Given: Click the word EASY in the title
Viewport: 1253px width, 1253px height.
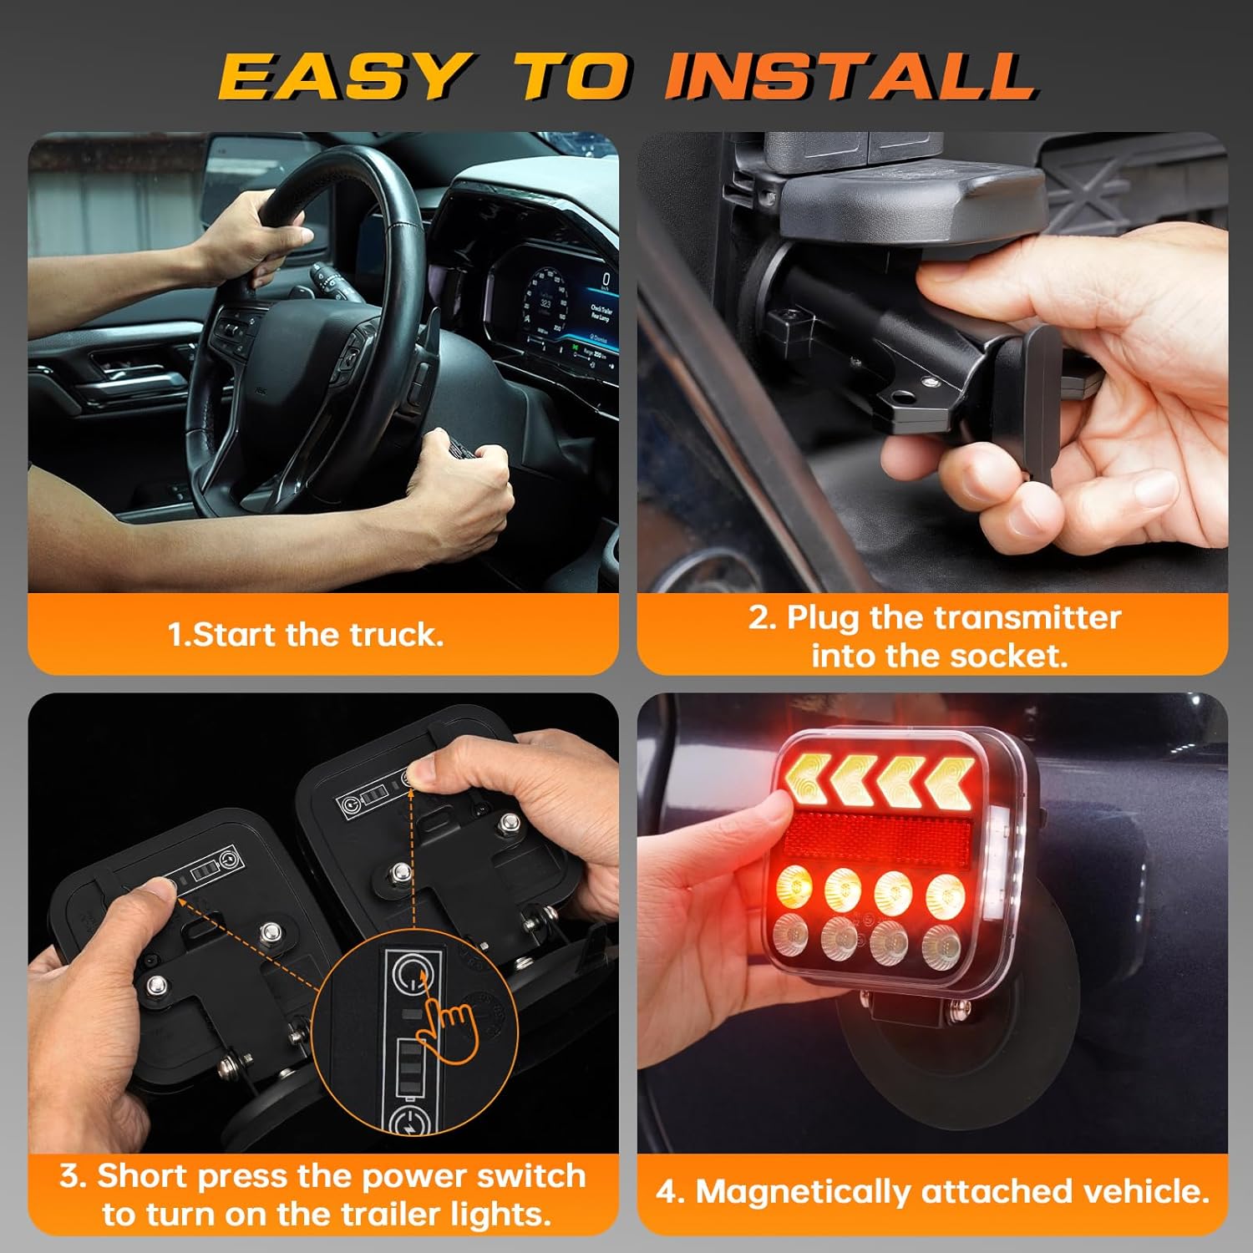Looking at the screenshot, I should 342,77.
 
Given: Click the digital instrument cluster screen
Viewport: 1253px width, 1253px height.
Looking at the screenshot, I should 560,313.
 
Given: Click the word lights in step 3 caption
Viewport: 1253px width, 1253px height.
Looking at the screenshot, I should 510,1213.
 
